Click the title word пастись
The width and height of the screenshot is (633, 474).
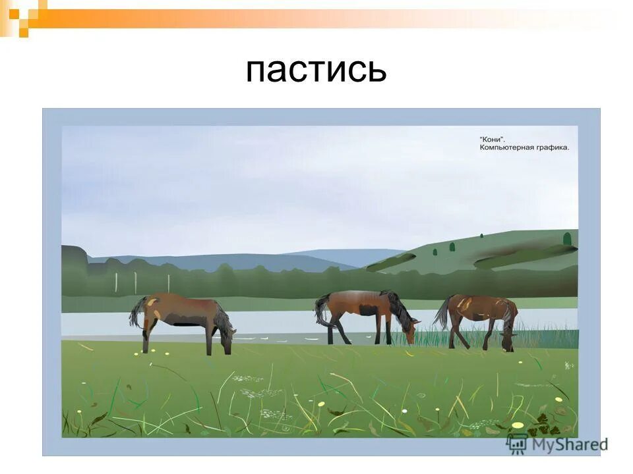316,70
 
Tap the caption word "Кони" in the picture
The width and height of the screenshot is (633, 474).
492,140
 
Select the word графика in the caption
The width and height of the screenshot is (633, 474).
553,148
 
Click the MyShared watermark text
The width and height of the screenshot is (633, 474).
568,444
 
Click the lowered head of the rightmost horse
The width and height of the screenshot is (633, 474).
508,340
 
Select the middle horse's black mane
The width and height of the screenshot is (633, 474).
398,305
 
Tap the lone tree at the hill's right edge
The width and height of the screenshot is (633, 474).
566,238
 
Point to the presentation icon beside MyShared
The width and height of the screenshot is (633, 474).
517,443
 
